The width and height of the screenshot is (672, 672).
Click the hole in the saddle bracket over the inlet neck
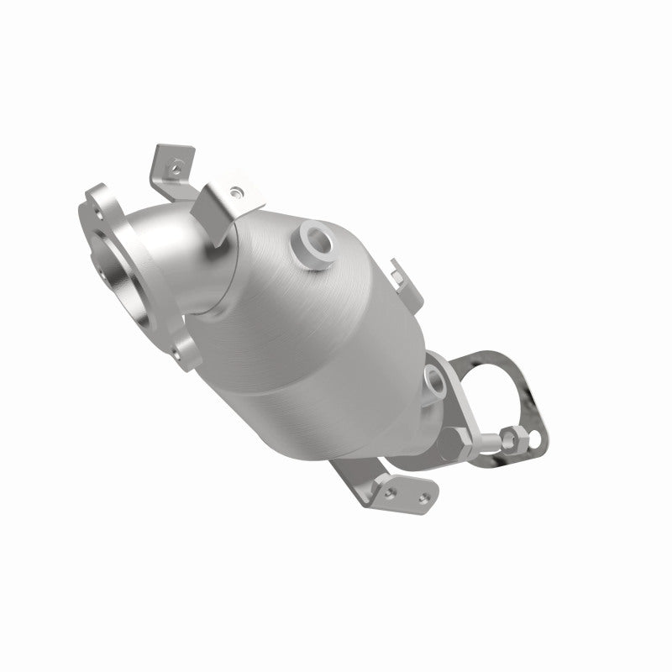[x=236, y=192]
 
